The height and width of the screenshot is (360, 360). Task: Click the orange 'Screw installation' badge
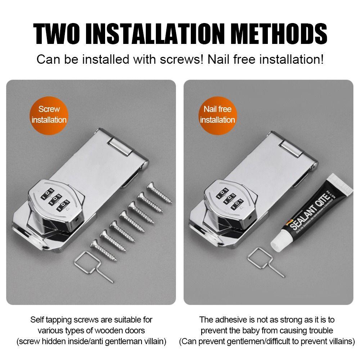(x=49, y=114)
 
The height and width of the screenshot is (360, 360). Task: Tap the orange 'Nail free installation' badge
(x=217, y=114)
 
